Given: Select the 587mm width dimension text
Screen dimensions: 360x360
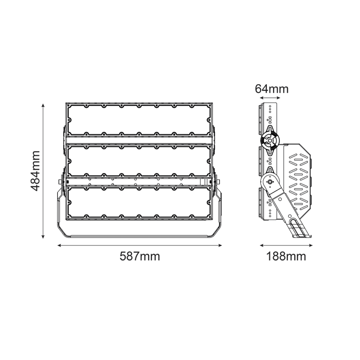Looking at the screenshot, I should tap(139, 256).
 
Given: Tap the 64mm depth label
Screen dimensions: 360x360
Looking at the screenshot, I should tap(272, 89).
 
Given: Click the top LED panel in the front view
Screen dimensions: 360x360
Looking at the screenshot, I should tap(139, 120).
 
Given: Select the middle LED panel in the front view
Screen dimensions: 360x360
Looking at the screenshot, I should tap(139, 161).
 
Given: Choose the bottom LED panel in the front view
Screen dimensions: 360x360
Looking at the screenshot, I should tap(139, 203).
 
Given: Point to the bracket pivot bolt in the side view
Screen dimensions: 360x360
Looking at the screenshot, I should tap(270, 181).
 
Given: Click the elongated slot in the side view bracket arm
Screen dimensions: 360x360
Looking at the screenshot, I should tap(297, 227).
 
